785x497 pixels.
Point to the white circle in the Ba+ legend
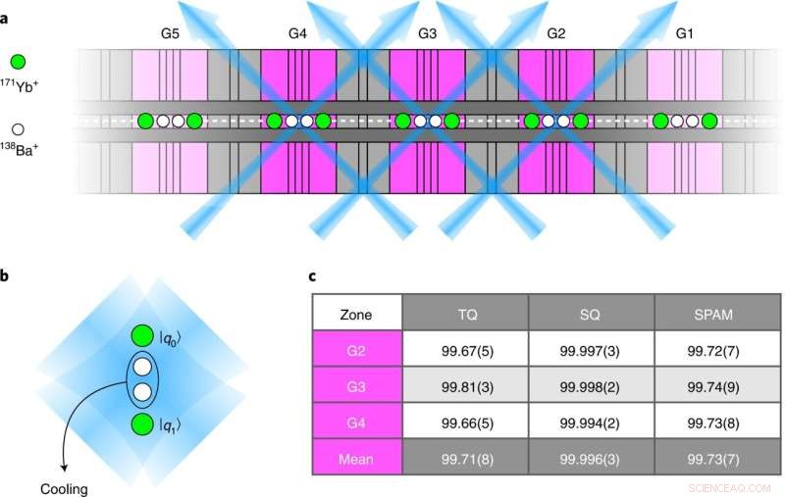tap(17, 128)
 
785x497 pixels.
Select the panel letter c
tap(302, 277)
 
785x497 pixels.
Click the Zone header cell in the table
tap(356, 314)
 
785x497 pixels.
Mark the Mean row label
tap(356, 457)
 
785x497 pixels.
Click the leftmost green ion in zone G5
tap(145, 122)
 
